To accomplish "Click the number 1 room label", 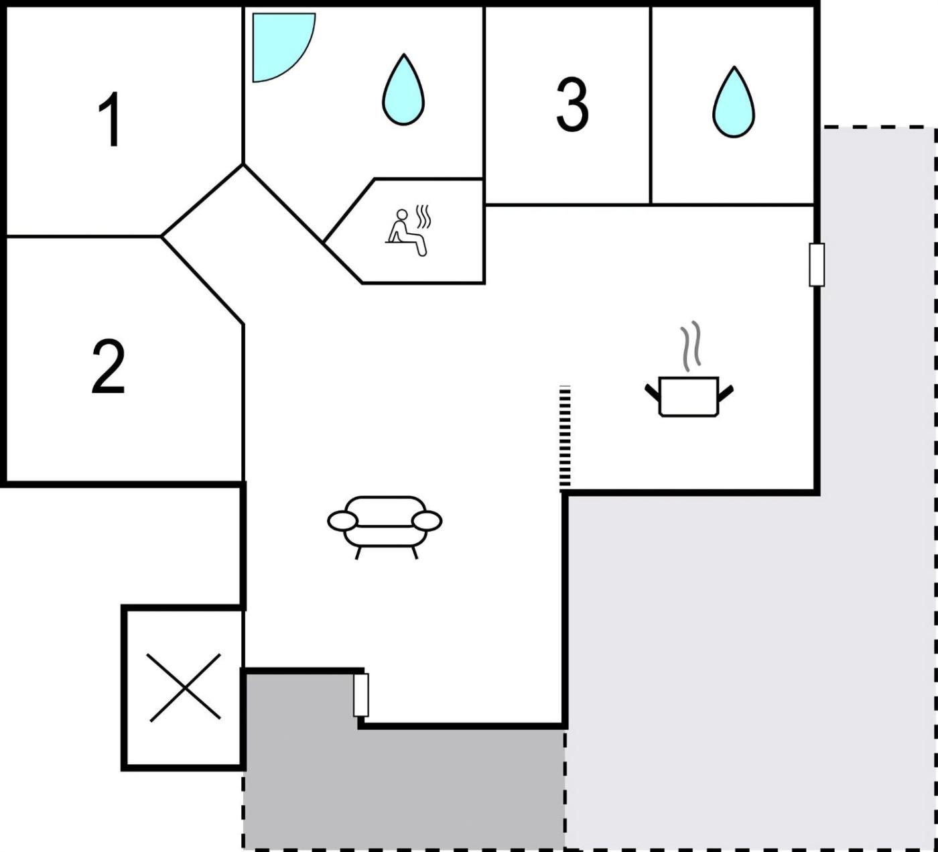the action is (x=111, y=119).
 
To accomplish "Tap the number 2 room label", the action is (x=108, y=366).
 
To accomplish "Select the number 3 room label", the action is (x=572, y=105).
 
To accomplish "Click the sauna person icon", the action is (x=406, y=232).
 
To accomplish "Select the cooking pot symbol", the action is (x=688, y=395).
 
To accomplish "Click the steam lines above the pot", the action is (x=691, y=346).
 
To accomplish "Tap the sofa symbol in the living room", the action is (x=385, y=528).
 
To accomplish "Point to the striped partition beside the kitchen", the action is (x=565, y=438).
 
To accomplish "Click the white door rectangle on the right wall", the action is (x=817, y=264).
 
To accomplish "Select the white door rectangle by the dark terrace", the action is (x=360, y=694).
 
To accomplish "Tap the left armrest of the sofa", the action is (x=343, y=522).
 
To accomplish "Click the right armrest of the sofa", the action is (x=426, y=522).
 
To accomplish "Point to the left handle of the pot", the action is (x=653, y=393).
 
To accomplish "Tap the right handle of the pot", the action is (x=726, y=393).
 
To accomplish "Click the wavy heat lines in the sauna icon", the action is (x=423, y=216).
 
